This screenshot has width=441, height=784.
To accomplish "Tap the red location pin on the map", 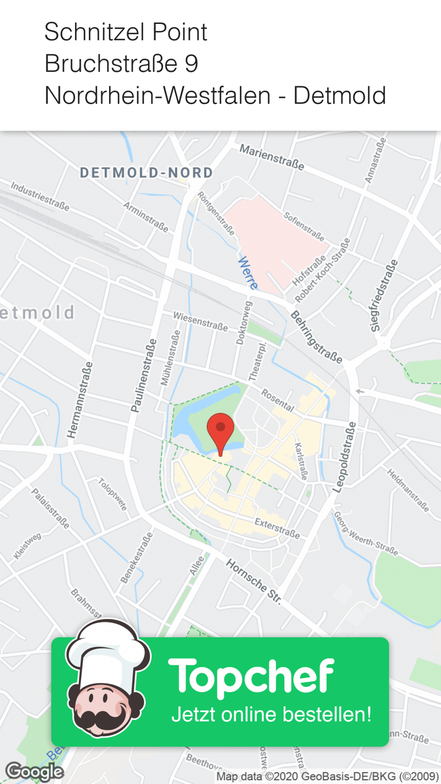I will tap(220, 432).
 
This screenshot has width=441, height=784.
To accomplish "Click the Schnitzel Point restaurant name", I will tap(126, 32).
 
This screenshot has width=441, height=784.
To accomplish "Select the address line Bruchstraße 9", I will tap(122, 64).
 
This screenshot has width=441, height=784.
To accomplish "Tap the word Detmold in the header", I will tap(340, 96).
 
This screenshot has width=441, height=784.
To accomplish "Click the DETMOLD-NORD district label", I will tap(146, 173).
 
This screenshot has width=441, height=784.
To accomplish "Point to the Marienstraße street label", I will tap(272, 157).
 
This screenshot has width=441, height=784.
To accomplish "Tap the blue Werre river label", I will tap(248, 273).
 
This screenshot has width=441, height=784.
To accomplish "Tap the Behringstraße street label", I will tap(316, 337).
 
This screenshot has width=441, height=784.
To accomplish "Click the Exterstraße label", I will tap(277, 527).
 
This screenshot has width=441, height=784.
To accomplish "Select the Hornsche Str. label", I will tap(254, 582).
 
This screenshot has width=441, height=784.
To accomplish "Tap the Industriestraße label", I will tap(40, 195).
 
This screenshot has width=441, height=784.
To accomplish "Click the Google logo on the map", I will tap(34, 771).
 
